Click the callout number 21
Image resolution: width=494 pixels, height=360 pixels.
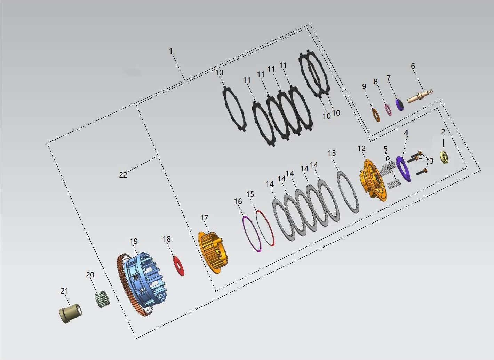click(x=64, y=291)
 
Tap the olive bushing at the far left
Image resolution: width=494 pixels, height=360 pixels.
click(x=71, y=313)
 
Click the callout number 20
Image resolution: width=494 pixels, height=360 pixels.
click(x=90, y=275)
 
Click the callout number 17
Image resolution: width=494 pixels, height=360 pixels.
click(x=204, y=218)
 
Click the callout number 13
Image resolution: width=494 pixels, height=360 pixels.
click(x=332, y=153)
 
